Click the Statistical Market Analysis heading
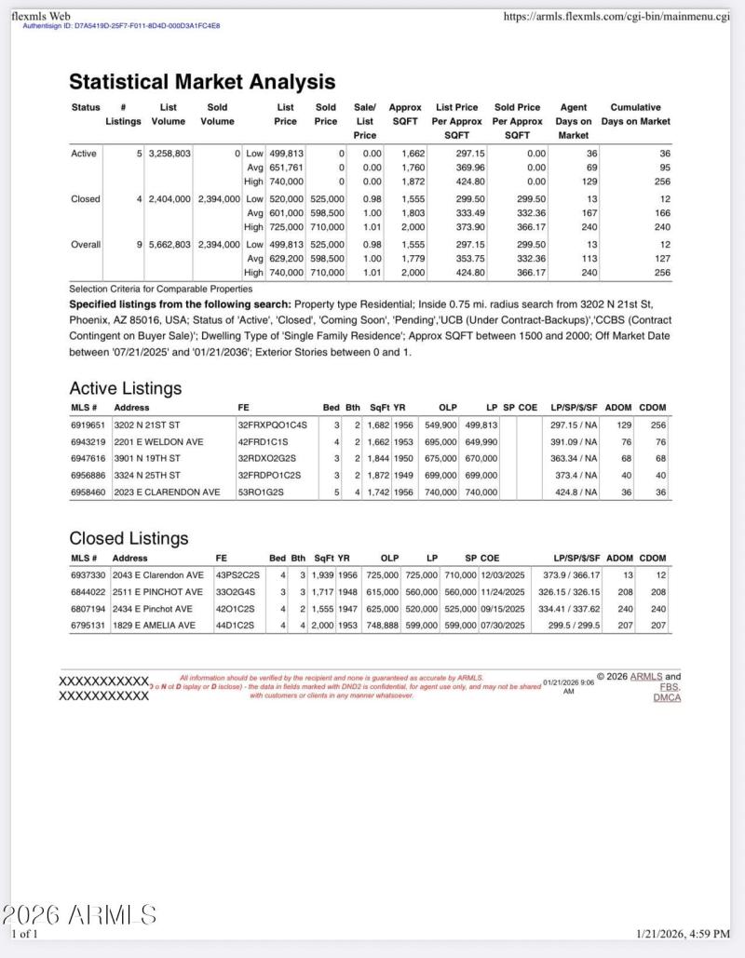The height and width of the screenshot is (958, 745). (202, 82)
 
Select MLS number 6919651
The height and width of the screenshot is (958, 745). (88, 425)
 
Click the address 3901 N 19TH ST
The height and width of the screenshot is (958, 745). (147, 458)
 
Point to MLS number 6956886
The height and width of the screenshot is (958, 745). (88, 475)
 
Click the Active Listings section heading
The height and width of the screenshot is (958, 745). (126, 388)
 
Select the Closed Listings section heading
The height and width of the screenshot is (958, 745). (129, 538)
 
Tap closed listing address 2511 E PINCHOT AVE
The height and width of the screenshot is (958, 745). (157, 592)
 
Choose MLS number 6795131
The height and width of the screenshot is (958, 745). (88, 626)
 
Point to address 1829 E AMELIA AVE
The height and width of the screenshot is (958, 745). (154, 626)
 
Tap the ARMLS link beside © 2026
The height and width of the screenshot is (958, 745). (646, 677)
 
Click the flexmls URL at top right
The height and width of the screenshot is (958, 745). (616, 17)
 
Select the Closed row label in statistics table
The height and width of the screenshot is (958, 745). (86, 199)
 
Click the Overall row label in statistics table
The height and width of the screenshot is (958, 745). (87, 244)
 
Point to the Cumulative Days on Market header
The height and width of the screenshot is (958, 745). (635, 114)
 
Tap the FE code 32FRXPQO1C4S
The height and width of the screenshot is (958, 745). (272, 425)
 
